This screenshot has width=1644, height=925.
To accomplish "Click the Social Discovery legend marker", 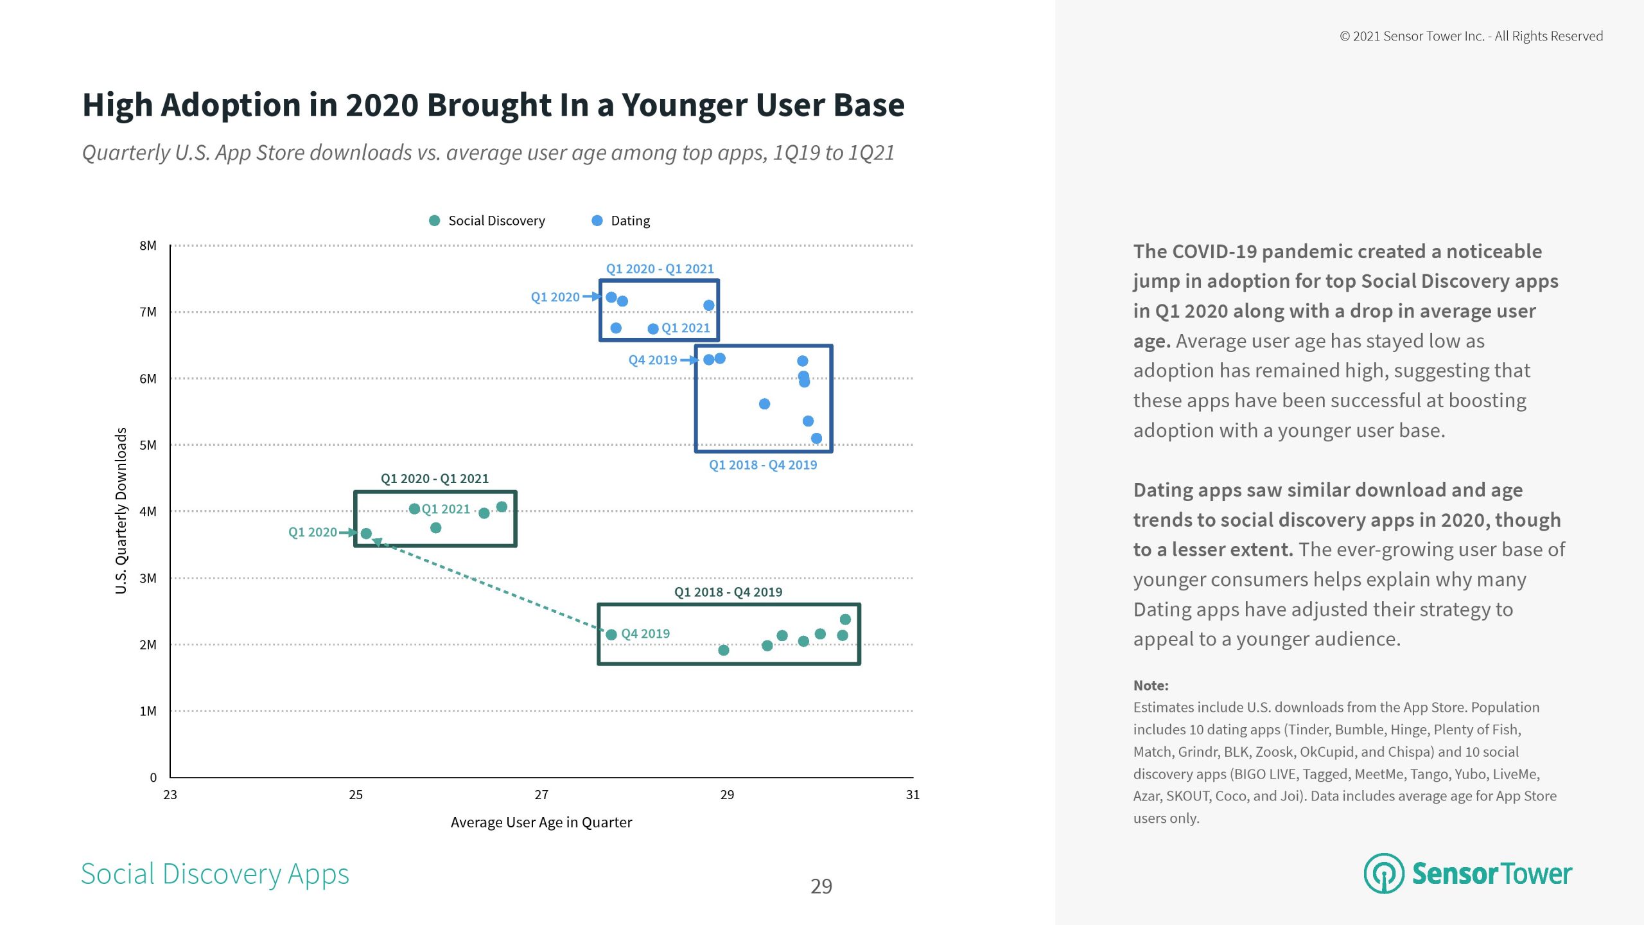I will coord(434,220).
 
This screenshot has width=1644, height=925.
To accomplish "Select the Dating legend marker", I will coord(597,220).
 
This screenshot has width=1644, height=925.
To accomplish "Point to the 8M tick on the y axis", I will coord(148,245).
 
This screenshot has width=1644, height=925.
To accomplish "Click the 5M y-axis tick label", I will coord(148,445).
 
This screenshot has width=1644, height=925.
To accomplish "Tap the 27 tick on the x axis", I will coord(541,795).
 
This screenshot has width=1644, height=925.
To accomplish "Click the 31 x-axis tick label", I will coord(913,795).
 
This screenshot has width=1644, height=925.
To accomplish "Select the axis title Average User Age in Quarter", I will coord(541,822).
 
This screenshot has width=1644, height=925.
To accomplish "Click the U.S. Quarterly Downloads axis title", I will coord(121,511).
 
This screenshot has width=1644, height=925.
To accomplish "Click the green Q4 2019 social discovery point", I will coord(611,635).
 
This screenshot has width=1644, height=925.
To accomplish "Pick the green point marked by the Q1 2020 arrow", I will coord(366,534).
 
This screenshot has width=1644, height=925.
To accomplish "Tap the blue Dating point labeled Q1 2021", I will coord(653,329).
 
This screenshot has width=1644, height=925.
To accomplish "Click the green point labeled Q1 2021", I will coord(414,509).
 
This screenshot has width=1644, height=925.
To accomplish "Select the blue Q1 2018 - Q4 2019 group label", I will coord(762,464).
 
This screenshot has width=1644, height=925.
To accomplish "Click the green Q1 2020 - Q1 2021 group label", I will coord(434,479).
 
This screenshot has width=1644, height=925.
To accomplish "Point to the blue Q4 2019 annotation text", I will coord(652,360).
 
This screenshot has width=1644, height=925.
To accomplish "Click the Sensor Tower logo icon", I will coord(1384,873).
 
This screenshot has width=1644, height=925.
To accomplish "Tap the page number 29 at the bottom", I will coord(821,886).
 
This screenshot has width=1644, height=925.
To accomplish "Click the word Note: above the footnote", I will coord(1150,685).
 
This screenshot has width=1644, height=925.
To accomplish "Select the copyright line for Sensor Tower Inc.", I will coord(1471,36).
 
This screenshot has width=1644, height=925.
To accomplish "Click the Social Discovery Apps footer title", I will coord(214,874).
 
